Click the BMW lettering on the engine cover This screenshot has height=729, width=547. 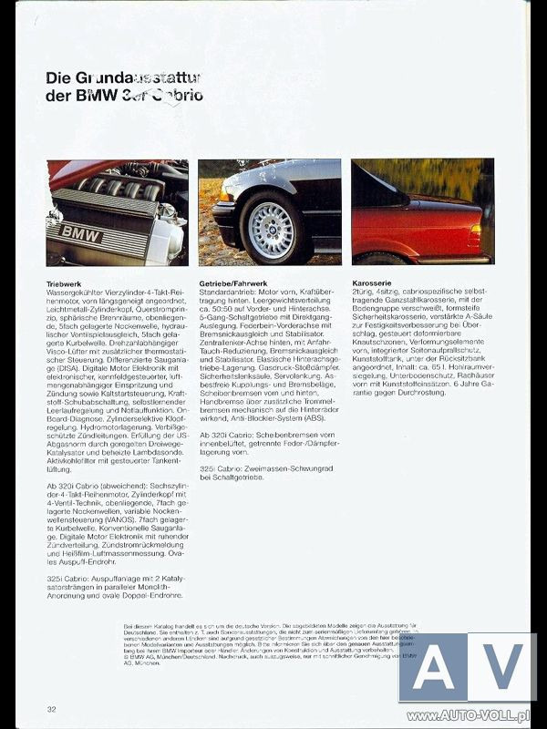click(x=80, y=232)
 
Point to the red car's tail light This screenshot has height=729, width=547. click(x=474, y=236)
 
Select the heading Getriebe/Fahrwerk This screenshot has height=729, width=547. click(x=234, y=284)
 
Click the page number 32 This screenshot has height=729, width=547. click(x=53, y=708)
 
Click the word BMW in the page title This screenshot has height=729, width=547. click(x=93, y=97)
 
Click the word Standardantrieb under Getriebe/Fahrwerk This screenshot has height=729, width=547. click(x=228, y=294)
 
